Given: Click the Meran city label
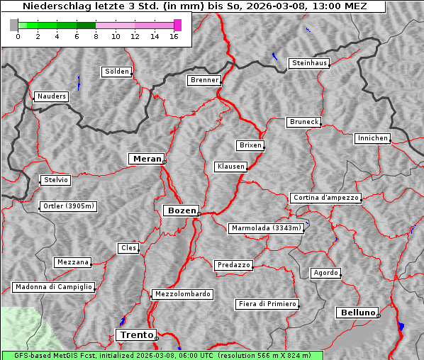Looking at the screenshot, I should tap(146, 159).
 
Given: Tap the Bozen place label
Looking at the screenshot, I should tap(180, 210).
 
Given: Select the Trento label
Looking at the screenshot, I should tap(135, 334).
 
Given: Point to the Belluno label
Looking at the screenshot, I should tap(357, 312).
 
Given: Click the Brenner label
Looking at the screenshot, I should tap(204, 80).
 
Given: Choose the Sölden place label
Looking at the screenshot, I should tap(117, 72).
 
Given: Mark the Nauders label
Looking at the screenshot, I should tap(51, 96).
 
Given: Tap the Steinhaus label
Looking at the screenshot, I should tap(309, 63).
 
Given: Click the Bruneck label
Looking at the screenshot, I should tap(303, 122).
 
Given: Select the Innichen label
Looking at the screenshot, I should tap(372, 138).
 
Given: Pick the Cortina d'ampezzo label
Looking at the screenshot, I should tap(325, 198).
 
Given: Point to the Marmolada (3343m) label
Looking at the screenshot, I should tap(266, 228).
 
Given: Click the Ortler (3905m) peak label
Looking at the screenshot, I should tap(67, 207).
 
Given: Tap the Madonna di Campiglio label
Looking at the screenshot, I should tap(53, 287).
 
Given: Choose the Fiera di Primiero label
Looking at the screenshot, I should tap(267, 304).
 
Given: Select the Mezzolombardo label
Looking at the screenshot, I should tap(181, 293).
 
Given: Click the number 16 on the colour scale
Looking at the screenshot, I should tap(173, 36).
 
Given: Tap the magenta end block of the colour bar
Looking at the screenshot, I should tap(177, 25).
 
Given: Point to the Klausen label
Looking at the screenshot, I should tap(230, 167).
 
